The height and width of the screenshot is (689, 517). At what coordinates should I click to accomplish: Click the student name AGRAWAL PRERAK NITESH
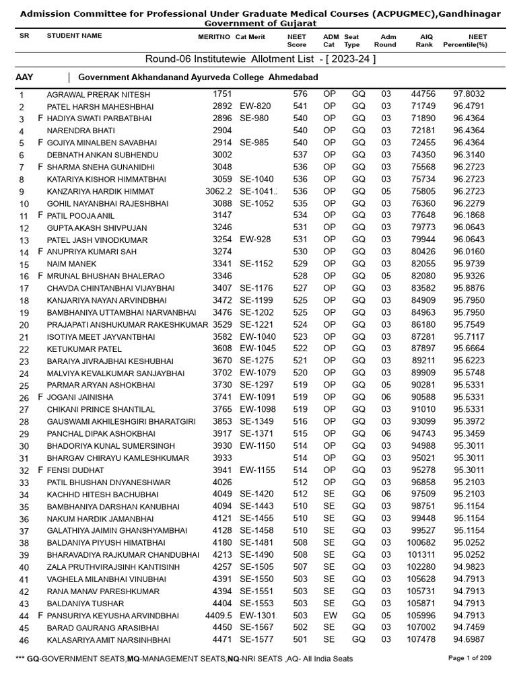coord(98,95)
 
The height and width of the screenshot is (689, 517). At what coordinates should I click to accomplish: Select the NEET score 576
coord(300,94)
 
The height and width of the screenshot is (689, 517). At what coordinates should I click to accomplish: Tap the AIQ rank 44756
coord(423,94)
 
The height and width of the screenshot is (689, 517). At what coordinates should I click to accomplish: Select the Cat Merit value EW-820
coord(255,106)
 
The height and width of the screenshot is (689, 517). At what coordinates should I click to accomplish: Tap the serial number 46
coord(24,641)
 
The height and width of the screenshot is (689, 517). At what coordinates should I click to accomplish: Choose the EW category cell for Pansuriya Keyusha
coord(329,616)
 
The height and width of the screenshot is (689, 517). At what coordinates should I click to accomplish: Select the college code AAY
coord(24,77)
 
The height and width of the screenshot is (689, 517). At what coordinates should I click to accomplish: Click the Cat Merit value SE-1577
coord(256,640)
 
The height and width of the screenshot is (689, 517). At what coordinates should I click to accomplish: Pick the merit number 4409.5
coord(219,616)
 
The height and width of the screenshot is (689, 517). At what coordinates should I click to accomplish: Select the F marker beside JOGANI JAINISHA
coord(40,398)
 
